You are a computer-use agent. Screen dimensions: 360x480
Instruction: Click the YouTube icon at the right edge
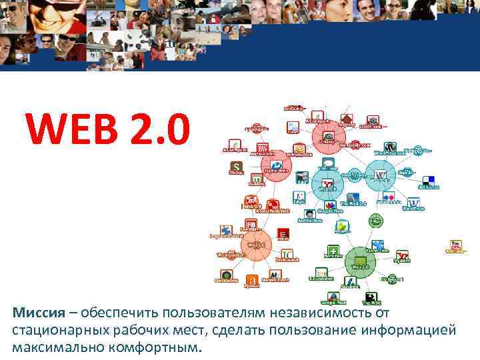pyautogui.click(x=456, y=245)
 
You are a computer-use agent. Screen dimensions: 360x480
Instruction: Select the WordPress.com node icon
pyautogui.click(x=391, y=147)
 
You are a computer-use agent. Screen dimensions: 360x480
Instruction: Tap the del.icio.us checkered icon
pyautogui.click(x=429, y=181)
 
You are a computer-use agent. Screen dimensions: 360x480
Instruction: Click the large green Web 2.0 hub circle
pyautogui.click(x=360, y=262)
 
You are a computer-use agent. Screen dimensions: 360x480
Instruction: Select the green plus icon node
pyautogui.click(x=333, y=251)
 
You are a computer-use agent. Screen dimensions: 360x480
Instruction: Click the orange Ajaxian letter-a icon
pyautogui.click(x=251, y=280)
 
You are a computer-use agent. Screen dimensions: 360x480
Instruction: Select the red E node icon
pyautogui.click(x=283, y=234)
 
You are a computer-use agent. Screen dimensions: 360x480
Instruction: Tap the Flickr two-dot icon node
pyautogui.click(x=388, y=197)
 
